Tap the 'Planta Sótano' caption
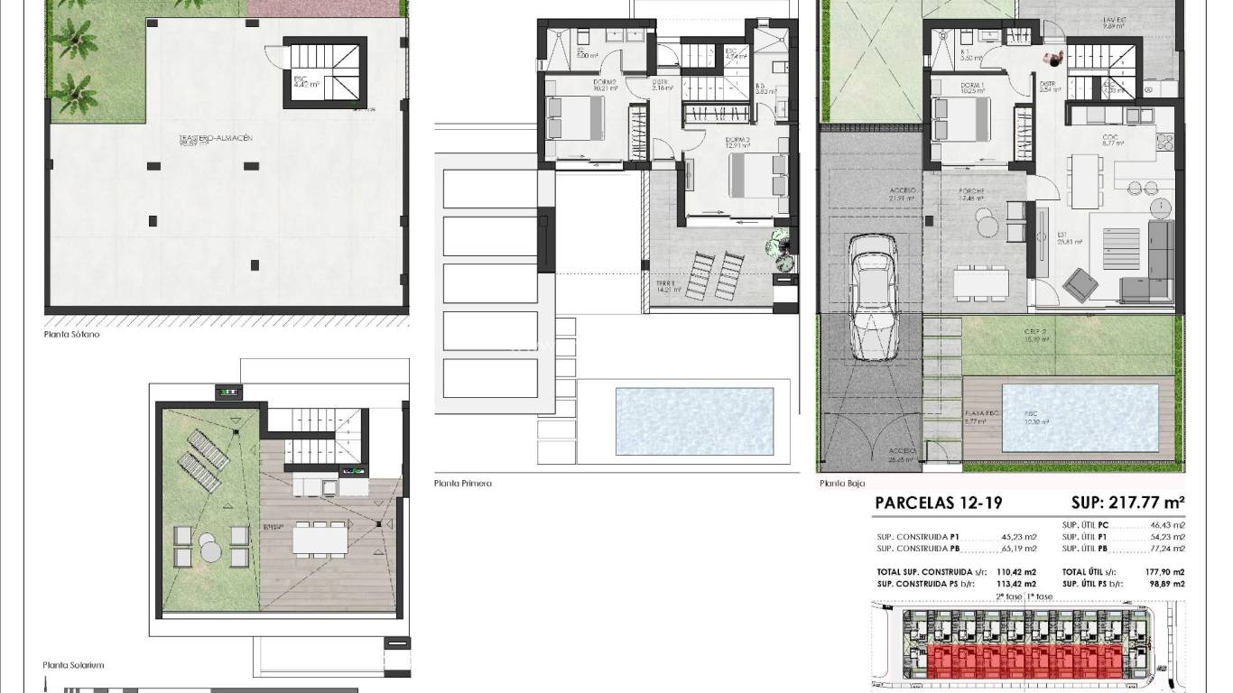click(x=72, y=334)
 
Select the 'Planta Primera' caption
click(x=462, y=484)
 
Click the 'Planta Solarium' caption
click(x=73, y=665)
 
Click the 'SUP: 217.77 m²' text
click(x=1127, y=503)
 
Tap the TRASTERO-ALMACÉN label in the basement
click(x=215, y=138)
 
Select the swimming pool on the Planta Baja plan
click(x=1080, y=418)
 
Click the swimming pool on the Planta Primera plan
click(x=694, y=421)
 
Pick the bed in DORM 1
click(x=963, y=119)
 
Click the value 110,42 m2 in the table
click(x=1016, y=572)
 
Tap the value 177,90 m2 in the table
click(x=1165, y=572)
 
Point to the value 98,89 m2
click(x=1165, y=585)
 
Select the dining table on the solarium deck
click(x=320, y=539)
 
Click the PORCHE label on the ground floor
click(x=971, y=191)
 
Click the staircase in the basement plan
click(x=325, y=71)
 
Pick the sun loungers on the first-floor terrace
click(x=715, y=275)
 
